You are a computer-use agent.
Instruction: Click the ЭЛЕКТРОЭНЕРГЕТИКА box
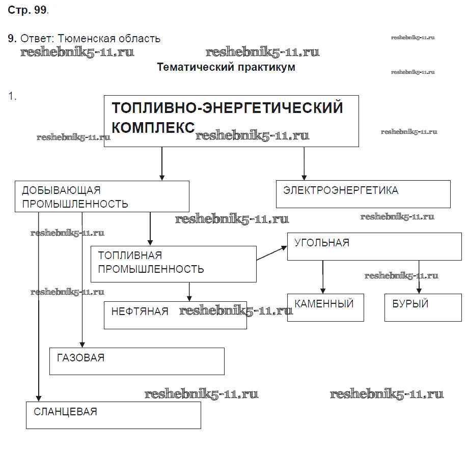363,194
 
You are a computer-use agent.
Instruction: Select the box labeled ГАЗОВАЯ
136,361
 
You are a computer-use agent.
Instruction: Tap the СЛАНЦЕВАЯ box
114,415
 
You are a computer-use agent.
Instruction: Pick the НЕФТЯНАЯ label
140,311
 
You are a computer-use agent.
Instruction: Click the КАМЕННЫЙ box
325,307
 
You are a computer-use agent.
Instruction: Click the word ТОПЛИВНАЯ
130,255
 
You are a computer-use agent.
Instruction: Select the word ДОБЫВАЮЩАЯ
61,190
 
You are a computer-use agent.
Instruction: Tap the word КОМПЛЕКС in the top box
153,127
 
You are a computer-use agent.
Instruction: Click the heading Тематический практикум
226,67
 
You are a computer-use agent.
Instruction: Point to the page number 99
41,11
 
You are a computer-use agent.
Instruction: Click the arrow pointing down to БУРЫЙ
419,277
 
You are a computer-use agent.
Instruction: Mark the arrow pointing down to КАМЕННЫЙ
322,277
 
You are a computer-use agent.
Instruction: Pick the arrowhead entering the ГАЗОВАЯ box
82,344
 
